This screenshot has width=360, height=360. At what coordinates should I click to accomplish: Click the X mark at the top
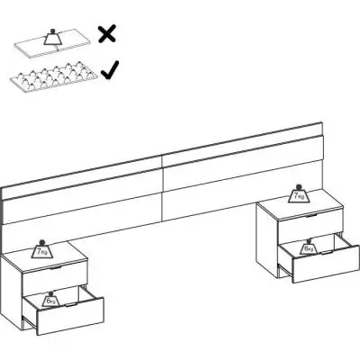[107, 34]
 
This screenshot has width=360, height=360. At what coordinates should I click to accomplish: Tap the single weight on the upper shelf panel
[53, 35]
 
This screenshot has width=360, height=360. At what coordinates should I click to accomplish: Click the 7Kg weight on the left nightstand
[41, 249]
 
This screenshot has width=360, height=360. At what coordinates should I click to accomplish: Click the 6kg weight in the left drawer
[52, 299]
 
